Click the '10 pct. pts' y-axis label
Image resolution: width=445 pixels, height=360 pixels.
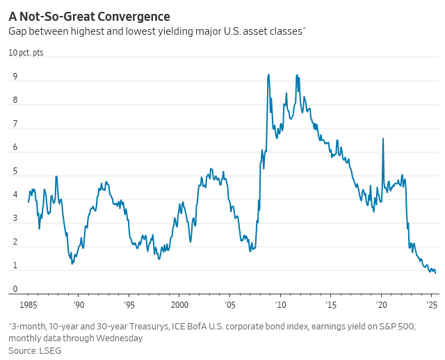click(x=26, y=53)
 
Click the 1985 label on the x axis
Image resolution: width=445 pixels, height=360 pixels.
click(x=28, y=304)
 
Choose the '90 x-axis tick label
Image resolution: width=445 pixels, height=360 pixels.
click(x=79, y=304)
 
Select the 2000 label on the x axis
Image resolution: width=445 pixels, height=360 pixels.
click(x=179, y=304)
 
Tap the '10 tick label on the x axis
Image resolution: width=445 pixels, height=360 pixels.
click(x=280, y=304)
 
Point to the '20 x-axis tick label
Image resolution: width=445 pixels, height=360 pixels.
click(x=381, y=304)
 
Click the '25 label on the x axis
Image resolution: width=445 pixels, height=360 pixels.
click(x=431, y=304)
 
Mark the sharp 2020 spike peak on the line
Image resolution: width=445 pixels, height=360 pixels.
click(x=383, y=138)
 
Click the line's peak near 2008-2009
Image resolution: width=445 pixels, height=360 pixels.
click(x=268, y=74)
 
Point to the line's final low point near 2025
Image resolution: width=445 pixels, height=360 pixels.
click(x=435, y=272)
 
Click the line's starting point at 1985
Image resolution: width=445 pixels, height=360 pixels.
click(x=29, y=202)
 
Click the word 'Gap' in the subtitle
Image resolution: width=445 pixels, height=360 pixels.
click(x=17, y=32)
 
